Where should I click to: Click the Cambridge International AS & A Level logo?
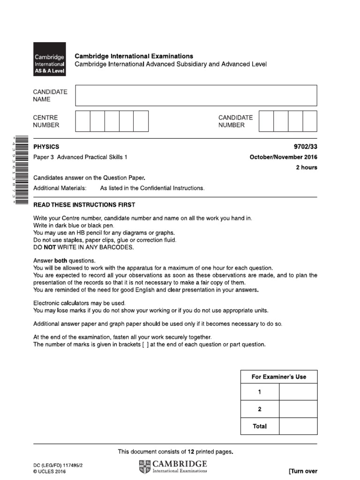click(x=49, y=60)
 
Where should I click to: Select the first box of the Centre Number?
click(x=82, y=121)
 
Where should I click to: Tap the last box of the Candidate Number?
click(x=310, y=121)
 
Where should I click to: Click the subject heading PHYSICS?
click(x=46, y=147)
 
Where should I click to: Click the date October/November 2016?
click(x=284, y=157)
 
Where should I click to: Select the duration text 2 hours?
click(x=306, y=167)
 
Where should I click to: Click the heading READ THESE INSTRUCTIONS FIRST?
click(x=84, y=205)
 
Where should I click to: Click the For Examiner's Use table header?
click(x=279, y=377)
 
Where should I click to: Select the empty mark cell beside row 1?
click(x=298, y=392)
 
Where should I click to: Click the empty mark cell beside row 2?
click(x=298, y=409)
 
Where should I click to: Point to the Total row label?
click(x=260, y=426)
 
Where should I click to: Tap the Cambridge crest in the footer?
click(x=145, y=466)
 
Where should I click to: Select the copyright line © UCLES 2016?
click(x=50, y=472)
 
